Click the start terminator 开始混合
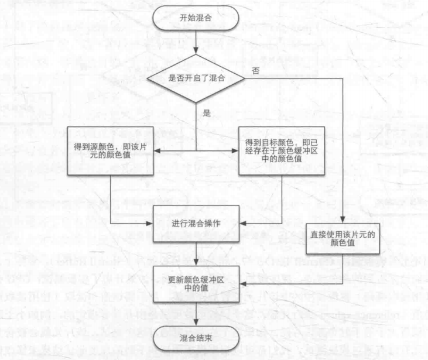click(197, 17)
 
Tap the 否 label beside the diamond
click(256, 71)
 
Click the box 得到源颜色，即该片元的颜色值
click(111, 150)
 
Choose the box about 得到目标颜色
click(281, 150)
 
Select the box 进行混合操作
click(197, 223)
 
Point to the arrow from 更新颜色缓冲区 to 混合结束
click(197, 311)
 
